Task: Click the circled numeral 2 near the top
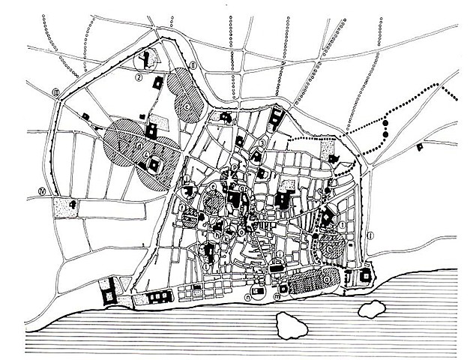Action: click(139, 76)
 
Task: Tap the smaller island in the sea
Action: click(372, 307)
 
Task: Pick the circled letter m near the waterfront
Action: click(278, 297)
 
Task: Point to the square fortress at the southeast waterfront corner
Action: click(366, 275)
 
